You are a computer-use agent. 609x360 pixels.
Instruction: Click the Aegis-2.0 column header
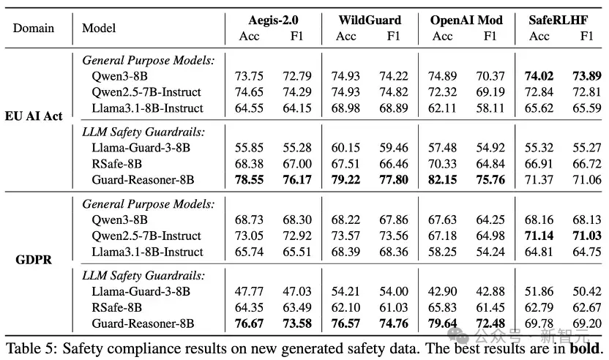click(x=274, y=20)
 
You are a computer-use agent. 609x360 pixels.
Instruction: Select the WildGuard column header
click(x=370, y=20)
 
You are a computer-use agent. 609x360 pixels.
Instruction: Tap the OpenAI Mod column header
click(x=466, y=20)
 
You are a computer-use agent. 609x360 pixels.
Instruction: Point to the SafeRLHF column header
click(x=558, y=20)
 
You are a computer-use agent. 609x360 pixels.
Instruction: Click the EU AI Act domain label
click(x=34, y=116)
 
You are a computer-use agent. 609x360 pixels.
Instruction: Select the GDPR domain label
click(x=34, y=260)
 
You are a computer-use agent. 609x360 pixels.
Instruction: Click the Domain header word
click(x=34, y=28)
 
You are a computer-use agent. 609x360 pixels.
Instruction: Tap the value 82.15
click(x=442, y=180)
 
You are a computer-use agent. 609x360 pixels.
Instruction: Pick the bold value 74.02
click(x=539, y=75)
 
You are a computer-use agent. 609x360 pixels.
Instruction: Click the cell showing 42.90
click(x=442, y=291)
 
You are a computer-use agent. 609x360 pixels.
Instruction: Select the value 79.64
click(x=442, y=323)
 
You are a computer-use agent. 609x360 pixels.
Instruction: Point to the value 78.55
click(x=249, y=180)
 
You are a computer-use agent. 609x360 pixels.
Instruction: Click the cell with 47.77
click(x=249, y=291)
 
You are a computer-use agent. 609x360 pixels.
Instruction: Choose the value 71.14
click(x=539, y=236)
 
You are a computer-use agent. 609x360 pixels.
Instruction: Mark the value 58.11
click(x=490, y=108)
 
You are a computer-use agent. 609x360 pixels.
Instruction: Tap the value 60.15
click(x=345, y=148)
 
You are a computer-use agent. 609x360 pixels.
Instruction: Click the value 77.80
click(x=394, y=180)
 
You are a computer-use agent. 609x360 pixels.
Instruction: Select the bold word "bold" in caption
click(x=584, y=348)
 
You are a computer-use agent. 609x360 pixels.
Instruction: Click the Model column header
click(x=99, y=28)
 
